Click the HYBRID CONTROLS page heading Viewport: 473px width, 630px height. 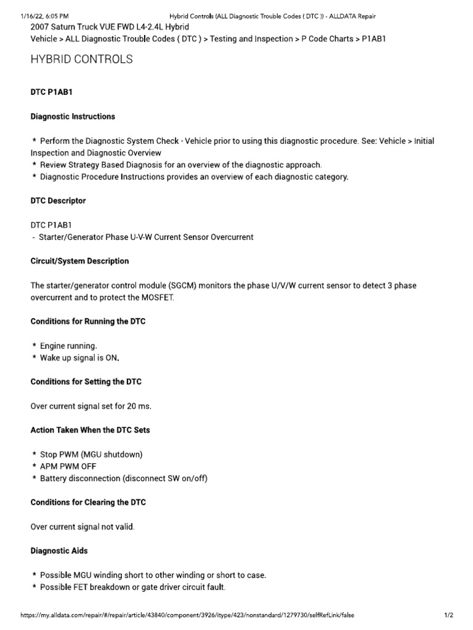pos(81,60)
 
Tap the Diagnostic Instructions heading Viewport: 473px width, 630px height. pos(73,116)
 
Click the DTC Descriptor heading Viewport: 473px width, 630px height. pos(59,201)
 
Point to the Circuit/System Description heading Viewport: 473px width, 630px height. pos(80,261)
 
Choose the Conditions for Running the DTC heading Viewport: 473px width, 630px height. pos(88,321)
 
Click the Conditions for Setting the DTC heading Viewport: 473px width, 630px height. pos(86,381)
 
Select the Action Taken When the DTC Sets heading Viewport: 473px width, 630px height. pos(91,430)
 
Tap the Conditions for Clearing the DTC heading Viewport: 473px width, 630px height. pos(88,503)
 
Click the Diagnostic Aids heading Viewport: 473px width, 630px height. pos(59,551)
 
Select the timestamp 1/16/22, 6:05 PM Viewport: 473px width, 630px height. pos(44,15)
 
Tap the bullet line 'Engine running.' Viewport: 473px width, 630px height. pos(68,346)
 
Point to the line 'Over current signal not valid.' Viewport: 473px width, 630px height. pos(83,527)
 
